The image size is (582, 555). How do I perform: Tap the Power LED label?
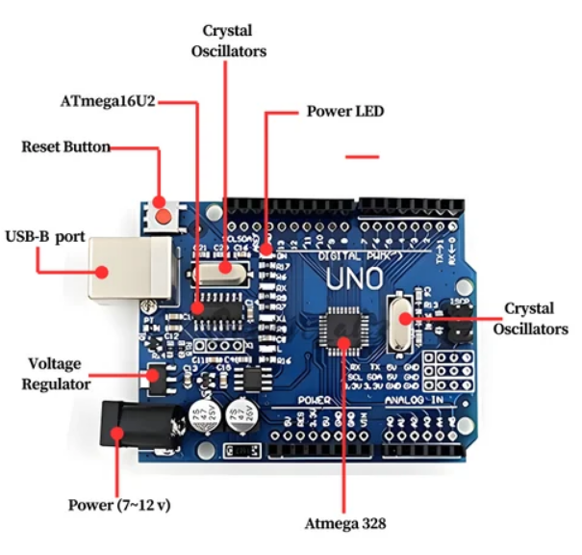coord(344,112)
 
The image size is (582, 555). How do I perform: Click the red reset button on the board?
coord(164,215)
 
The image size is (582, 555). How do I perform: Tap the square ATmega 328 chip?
coord(344,330)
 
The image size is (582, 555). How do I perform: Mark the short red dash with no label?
coord(362,156)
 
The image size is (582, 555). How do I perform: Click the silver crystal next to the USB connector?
coord(225,273)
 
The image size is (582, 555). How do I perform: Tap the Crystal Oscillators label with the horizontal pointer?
coord(530,318)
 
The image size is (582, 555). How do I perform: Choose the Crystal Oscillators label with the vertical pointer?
coord(228,41)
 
